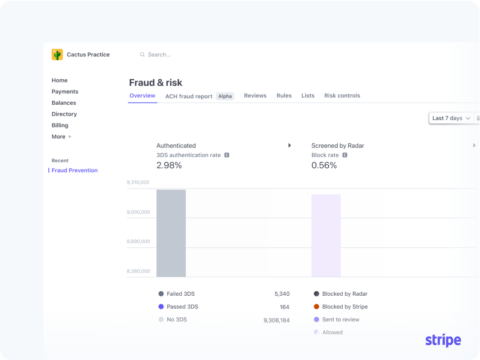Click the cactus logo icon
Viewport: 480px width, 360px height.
57,54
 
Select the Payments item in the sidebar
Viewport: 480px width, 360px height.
65,91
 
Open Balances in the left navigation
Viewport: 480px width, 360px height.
64,103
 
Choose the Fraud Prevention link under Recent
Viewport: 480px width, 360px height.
74,170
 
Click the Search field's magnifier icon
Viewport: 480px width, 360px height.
142,55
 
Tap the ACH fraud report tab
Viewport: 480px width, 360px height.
189,96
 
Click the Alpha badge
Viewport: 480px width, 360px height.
225,96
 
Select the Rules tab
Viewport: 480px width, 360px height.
284,96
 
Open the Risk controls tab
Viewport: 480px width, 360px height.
342,96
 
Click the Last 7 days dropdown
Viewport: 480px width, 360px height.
451,118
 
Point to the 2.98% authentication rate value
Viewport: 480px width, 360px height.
169,165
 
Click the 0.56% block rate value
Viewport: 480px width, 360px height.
324,165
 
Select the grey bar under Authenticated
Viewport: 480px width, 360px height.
171,233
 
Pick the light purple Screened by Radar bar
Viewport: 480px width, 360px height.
326,235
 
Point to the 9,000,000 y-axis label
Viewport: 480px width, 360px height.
138,212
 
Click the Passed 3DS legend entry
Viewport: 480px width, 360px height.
182,307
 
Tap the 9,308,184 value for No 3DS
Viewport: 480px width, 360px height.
277,320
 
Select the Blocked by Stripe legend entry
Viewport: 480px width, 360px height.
345,307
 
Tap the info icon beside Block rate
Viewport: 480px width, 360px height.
345,155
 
